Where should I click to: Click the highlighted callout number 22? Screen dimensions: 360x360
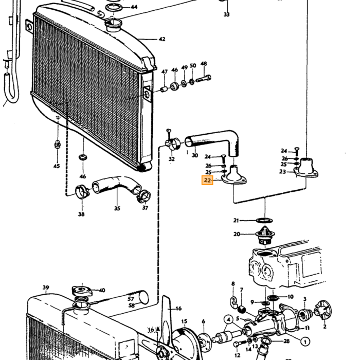[207, 180]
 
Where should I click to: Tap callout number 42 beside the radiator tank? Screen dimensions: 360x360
[162, 39]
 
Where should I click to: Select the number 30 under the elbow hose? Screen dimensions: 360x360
[195, 155]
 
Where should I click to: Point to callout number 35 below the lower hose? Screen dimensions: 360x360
[117, 208]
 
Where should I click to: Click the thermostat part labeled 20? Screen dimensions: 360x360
[265, 235]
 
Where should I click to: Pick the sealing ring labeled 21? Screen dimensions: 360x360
[264, 221]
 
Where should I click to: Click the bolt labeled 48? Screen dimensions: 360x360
[204, 80]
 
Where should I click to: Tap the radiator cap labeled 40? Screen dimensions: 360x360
[82, 292]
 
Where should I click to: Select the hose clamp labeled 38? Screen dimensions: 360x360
[82, 192]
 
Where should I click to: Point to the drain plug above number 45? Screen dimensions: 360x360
[58, 145]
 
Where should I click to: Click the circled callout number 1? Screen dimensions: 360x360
[305, 341]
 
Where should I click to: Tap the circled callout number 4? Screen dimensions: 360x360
[228, 319]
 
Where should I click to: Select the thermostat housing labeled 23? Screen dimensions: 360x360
[306, 168]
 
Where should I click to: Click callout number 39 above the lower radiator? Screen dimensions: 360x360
[46, 287]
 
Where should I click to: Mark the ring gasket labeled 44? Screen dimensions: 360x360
[114, 7]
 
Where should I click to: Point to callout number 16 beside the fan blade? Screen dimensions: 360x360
[178, 309]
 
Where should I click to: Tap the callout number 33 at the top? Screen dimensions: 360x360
[227, 14]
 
